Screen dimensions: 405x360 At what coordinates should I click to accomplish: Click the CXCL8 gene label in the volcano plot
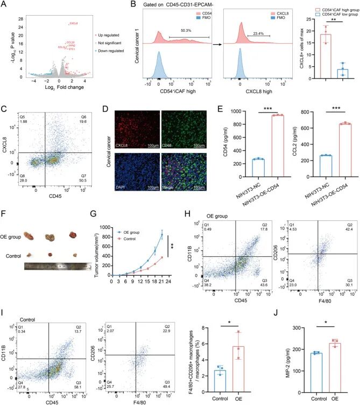pos(74,23)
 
